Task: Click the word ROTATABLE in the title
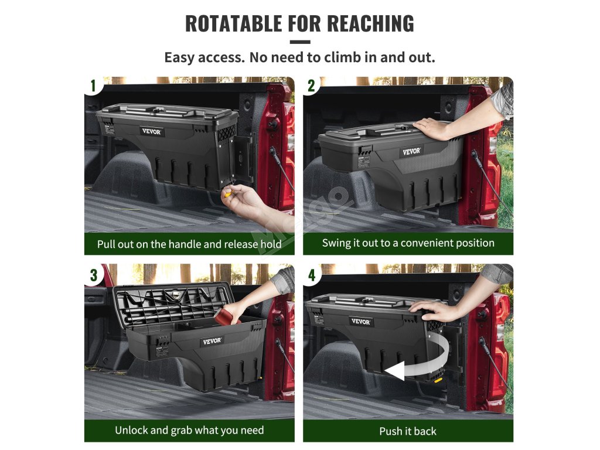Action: pyautogui.click(x=233, y=23)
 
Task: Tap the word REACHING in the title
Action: pyautogui.click(x=370, y=23)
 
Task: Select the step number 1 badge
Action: pyautogui.click(x=93, y=86)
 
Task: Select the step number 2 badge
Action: pyautogui.click(x=312, y=86)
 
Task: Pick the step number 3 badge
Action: pyautogui.click(x=94, y=275)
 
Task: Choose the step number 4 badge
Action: pyautogui.click(x=312, y=275)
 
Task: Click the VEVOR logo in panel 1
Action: pyautogui.click(x=152, y=131)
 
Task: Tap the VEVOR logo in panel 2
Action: pyautogui.click(x=412, y=151)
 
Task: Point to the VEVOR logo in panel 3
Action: pyautogui.click(x=212, y=340)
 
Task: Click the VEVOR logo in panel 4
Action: pyautogui.click(x=360, y=322)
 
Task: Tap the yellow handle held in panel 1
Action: pyautogui.click(x=228, y=194)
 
